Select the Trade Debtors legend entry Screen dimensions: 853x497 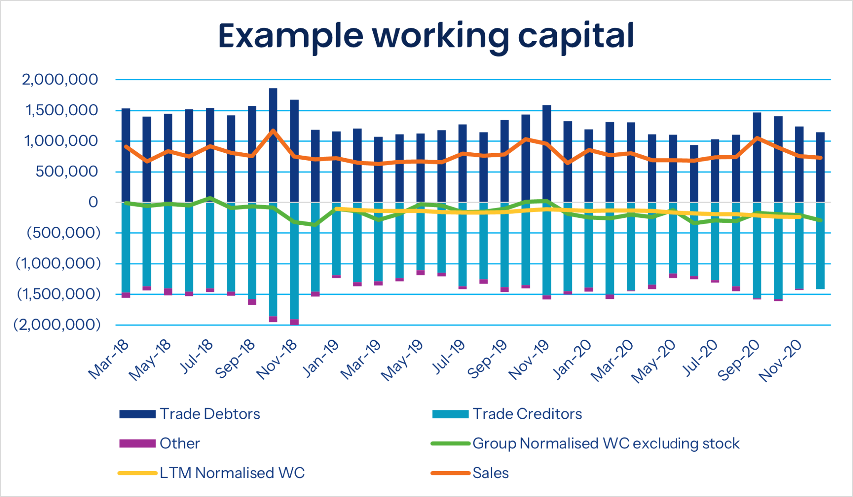coord(190,414)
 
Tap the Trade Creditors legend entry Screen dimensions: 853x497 coord(507,414)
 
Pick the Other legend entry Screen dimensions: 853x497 coord(160,443)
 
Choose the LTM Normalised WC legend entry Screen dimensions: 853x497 coord(212,473)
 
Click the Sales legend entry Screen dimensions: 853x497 coord(470,473)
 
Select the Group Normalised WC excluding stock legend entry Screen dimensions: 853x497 coord(585,444)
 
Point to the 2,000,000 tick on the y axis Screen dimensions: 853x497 coord(60,79)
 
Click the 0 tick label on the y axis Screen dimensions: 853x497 coord(93,202)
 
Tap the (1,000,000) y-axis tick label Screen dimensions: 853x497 coord(58,263)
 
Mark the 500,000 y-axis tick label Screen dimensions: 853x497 coord(67,171)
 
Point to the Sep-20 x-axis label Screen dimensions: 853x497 coord(738,360)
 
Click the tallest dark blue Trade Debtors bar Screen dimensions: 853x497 coord(273,145)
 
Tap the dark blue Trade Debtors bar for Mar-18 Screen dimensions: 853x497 coord(126,155)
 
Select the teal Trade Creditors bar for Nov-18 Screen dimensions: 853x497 coord(294,261)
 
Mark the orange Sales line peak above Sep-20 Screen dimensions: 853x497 coord(757,138)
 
